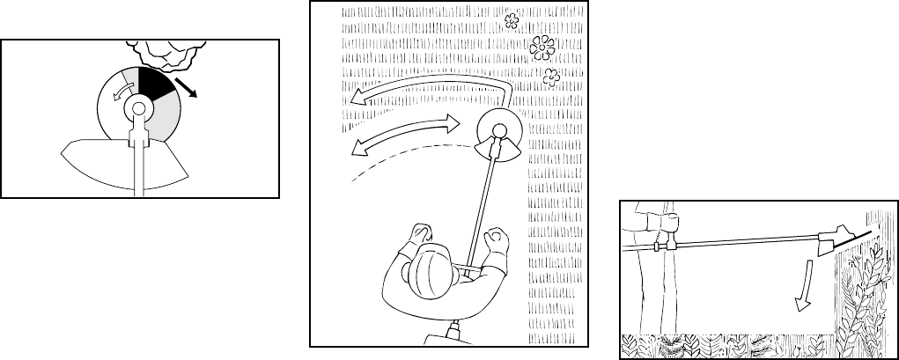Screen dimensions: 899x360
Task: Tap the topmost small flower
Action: pos(512,21)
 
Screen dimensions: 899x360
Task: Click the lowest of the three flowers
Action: pos(551,77)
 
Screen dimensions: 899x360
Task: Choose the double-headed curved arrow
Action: pos(406,133)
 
